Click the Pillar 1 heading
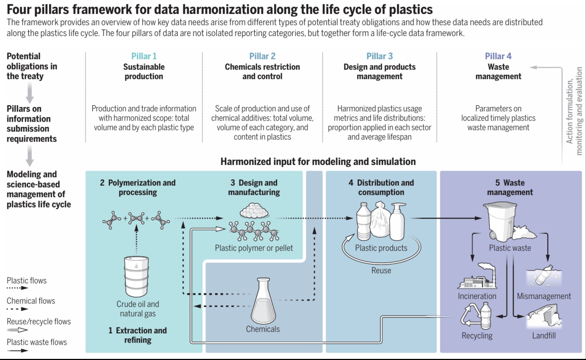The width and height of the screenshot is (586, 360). coord(144,56)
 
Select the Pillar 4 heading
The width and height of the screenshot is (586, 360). coord(498,56)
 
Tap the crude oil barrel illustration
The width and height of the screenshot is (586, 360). coord(136,276)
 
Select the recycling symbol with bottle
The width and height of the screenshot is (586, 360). coord(476,316)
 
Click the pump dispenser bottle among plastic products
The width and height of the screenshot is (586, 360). coord(398,221)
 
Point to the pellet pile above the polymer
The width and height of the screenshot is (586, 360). coord(254,211)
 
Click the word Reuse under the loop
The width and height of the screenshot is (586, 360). coord(381,270)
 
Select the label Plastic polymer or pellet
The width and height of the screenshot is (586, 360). coord(254,248)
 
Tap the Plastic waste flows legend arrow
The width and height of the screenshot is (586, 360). coord(17,350)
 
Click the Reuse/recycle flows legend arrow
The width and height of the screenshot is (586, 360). coord(17,330)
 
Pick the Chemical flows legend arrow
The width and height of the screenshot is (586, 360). coord(17,309)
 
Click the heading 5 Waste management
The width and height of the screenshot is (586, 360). coord(510,188)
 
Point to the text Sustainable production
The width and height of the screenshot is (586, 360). coord(144,72)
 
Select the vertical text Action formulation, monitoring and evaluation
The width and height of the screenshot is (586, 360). coord(574,111)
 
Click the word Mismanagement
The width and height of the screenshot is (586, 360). coord(544,296)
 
